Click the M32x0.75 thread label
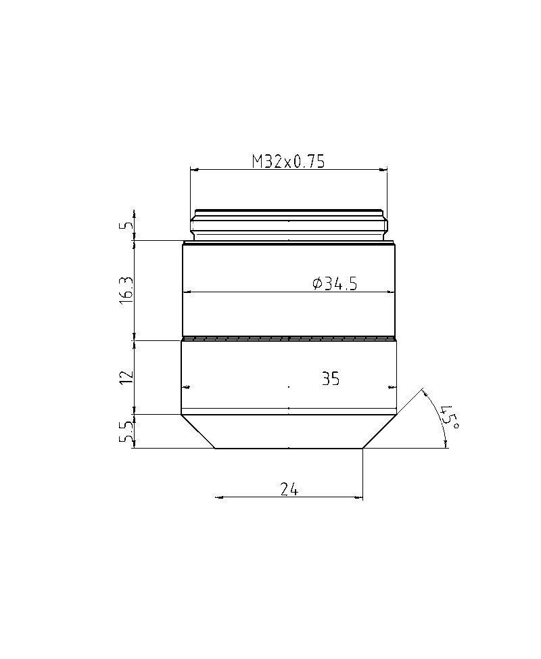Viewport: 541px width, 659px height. [x=288, y=162]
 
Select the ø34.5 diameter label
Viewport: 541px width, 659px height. [x=335, y=284]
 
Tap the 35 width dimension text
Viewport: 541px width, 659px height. [x=331, y=379]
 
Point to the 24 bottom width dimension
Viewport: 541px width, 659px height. [x=289, y=489]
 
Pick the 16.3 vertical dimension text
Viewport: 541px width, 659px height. [x=126, y=291]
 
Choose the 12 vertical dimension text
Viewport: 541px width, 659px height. [x=126, y=377]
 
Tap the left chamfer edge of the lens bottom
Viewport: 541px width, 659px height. [x=198, y=432]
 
